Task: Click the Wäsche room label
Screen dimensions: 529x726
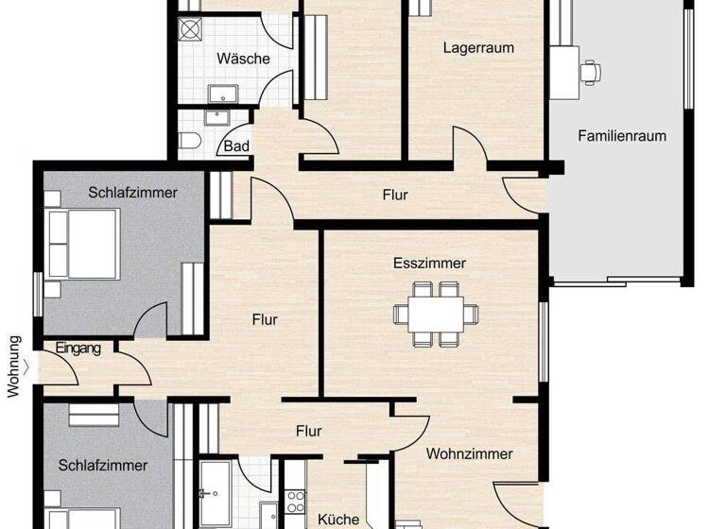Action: pos(243,59)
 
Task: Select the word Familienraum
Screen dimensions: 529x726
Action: pos(622,136)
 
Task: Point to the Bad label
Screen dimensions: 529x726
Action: pos(236,146)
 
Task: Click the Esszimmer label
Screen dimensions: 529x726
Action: pos(429,264)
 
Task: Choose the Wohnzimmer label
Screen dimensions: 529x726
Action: pos(469,454)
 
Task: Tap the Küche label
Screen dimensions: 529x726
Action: pos(337,520)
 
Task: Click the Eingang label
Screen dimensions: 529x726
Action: pos(78,349)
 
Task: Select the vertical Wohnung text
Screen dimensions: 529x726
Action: pos(14,367)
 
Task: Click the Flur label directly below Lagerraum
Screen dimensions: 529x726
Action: pos(395,196)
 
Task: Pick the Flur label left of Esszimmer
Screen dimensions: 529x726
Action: pos(265,320)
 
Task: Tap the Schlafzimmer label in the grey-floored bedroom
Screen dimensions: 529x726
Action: pos(133,193)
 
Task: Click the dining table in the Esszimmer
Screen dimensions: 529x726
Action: pos(436,313)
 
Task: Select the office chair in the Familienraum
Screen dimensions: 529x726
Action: pos(592,69)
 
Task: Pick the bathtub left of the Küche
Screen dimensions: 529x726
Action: pos(216,491)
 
